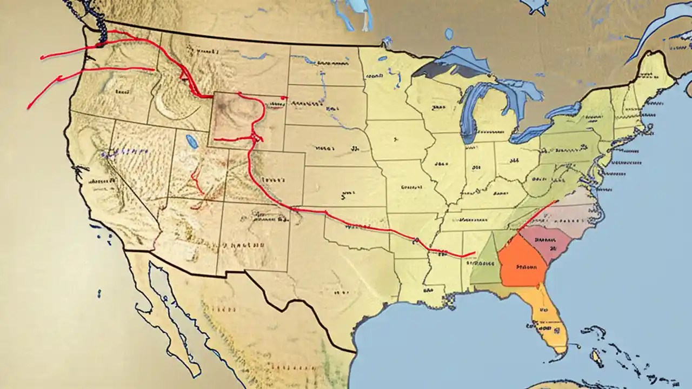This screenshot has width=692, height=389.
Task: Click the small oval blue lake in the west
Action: pos(191,142)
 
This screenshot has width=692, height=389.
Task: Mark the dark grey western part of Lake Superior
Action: pos(432,69)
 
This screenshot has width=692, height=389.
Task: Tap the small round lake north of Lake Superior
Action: pos(449,34)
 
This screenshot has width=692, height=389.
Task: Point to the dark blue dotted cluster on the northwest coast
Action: pos(100,22)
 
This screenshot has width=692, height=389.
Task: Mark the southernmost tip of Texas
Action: pos(354,351)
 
